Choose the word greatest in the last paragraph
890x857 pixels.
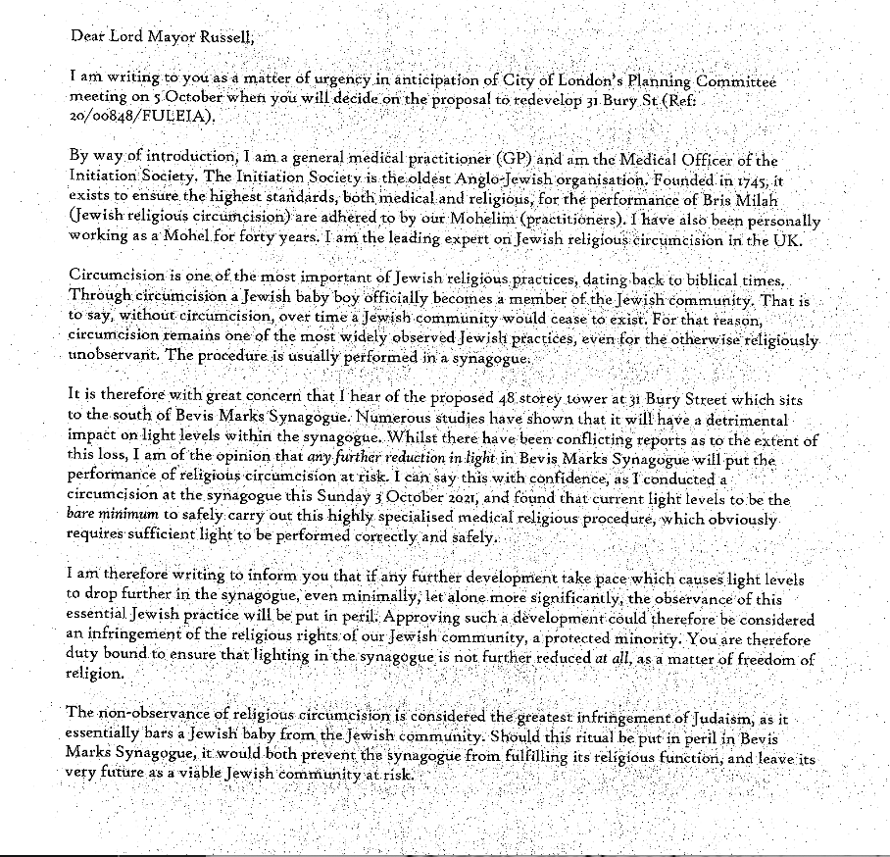click(569, 712)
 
